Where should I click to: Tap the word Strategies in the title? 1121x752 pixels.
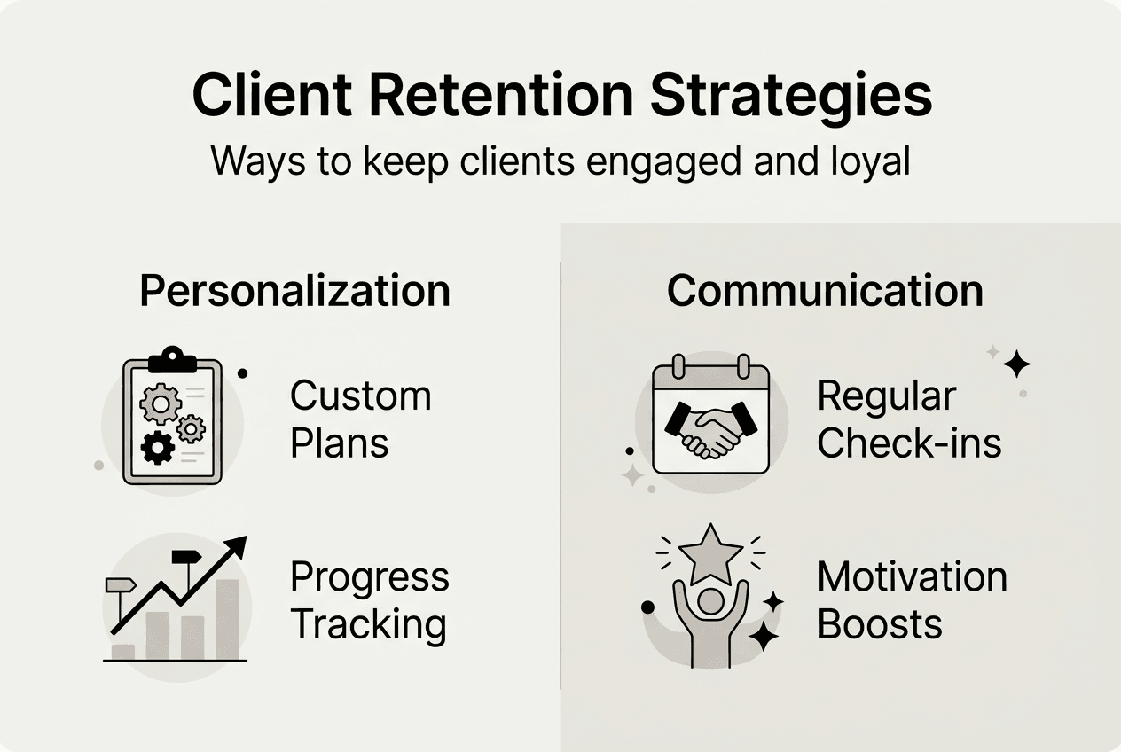point(791,98)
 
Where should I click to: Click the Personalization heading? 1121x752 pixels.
point(294,291)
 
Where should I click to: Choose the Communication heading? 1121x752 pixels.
point(826,291)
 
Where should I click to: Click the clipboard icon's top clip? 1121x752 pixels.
point(173,360)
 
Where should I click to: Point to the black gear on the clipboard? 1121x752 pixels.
point(158,448)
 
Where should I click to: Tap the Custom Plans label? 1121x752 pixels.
point(360,419)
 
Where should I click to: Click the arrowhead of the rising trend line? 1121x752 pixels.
point(237,546)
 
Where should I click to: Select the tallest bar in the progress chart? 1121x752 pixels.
point(227,620)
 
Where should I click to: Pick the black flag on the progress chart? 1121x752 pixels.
point(186,557)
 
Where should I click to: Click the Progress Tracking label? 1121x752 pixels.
point(369,600)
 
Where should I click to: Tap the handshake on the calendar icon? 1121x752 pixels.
point(711,430)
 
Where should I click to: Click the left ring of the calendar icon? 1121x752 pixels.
point(678,366)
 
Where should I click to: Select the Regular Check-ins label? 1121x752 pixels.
point(909,419)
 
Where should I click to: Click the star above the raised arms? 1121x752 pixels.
point(710,555)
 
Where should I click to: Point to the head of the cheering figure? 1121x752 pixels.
point(710,602)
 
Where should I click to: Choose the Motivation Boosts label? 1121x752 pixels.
point(912,600)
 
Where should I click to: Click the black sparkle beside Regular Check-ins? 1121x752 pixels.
point(1017,364)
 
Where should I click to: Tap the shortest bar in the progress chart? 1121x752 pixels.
point(123,653)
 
